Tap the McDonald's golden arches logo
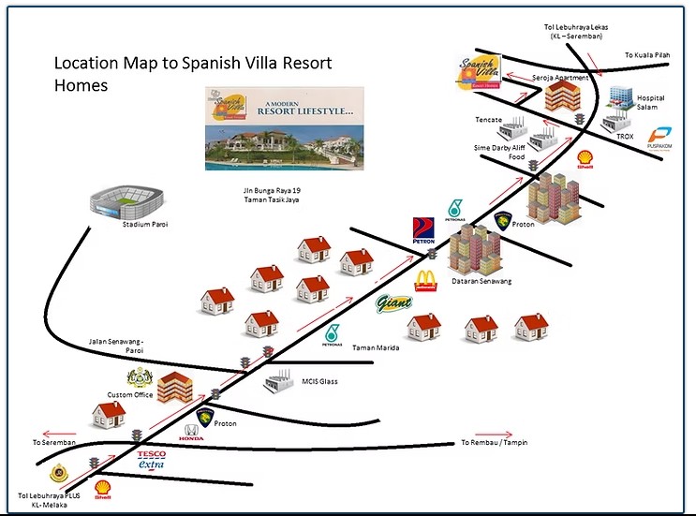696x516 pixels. (x=426, y=280)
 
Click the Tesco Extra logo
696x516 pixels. (x=152, y=459)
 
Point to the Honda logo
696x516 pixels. (x=192, y=433)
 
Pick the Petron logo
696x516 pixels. (x=423, y=230)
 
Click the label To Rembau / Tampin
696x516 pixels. (x=494, y=442)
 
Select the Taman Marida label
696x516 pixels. (x=376, y=347)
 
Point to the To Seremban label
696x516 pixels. (x=55, y=442)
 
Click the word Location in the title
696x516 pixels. (x=85, y=65)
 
